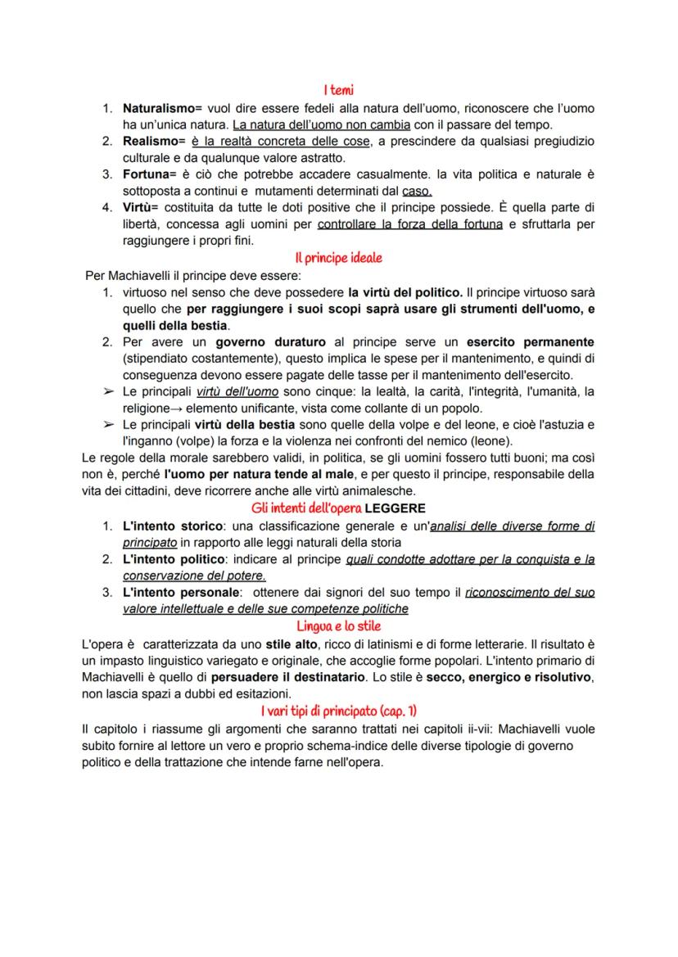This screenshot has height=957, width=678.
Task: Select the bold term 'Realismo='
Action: click(154, 142)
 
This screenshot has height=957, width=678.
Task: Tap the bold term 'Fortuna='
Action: click(151, 174)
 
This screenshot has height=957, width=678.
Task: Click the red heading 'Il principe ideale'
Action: click(338, 257)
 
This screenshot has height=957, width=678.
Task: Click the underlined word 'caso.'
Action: click(417, 191)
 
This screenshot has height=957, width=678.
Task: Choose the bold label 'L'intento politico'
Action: click(171, 559)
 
